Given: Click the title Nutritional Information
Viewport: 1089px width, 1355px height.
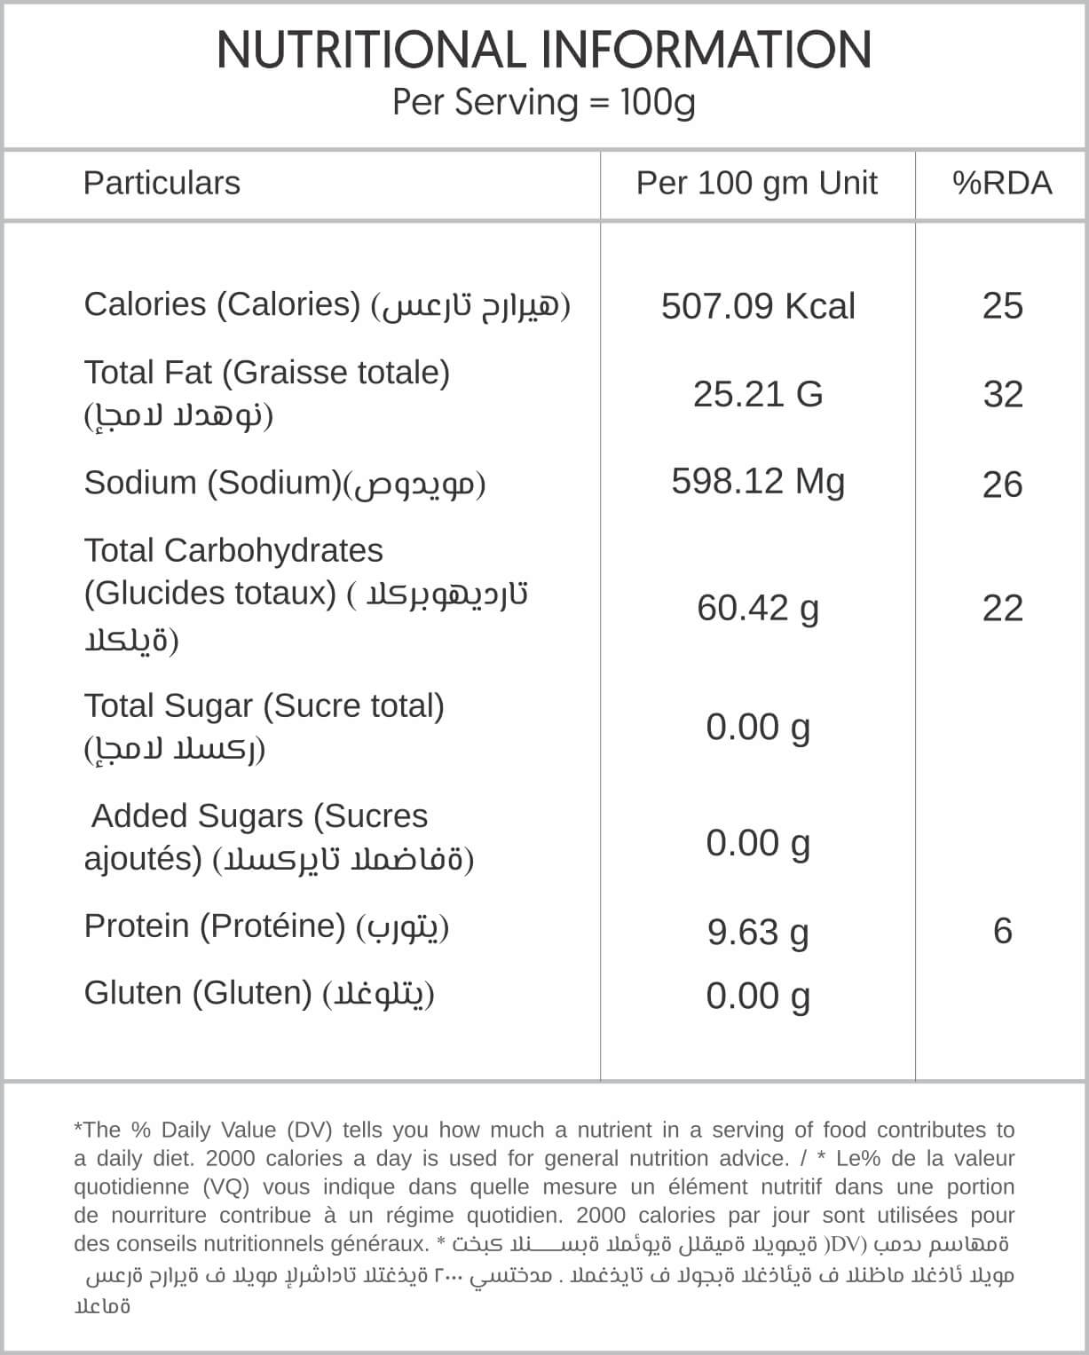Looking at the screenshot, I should coord(544,50).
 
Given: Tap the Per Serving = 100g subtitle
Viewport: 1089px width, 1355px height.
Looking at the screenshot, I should coord(544,102).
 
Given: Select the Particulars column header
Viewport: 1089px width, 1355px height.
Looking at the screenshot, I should coord(162,183).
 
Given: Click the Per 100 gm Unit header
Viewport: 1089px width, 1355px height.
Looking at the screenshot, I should coord(757,183).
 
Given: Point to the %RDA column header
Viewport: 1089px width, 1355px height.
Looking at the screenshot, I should coord(1002,183).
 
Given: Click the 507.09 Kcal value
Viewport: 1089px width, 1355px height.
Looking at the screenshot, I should coord(758,306).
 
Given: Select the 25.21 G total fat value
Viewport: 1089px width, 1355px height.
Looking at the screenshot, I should coord(758,393).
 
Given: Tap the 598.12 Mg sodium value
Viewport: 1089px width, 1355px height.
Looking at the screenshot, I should coord(758,481).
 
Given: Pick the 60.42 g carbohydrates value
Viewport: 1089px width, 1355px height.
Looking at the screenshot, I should coord(758,608).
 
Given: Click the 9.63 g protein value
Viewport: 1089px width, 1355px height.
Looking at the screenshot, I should coord(758,932).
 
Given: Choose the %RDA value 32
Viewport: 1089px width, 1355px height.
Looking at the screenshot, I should coord(1003,394).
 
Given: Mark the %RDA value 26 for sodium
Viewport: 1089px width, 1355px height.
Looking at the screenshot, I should coord(1003,484).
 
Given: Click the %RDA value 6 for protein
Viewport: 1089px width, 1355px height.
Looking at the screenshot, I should coord(1003,931).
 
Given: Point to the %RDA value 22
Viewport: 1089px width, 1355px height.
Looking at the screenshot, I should coord(1003,608).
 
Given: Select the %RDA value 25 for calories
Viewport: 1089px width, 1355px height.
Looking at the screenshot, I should coord(1003,306).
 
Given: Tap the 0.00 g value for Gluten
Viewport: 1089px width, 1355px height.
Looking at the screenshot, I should coord(758,996).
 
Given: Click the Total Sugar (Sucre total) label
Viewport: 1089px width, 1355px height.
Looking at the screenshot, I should coord(264,706).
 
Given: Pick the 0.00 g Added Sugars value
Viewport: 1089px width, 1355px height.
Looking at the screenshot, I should coord(758,842).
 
